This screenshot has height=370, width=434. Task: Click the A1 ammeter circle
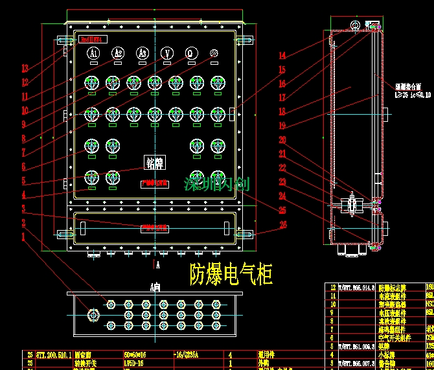click(94, 52)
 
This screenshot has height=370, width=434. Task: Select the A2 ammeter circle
click(118, 52)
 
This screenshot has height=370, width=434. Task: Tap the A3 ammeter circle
click(143, 52)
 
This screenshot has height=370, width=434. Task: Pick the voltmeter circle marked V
click(167, 52)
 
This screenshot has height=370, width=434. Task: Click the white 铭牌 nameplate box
click(155, 163)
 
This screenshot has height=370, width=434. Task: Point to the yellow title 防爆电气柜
click(231, 275)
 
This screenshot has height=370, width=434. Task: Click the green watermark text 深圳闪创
click(216, 184)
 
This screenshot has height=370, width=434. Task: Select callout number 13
click(25, 68)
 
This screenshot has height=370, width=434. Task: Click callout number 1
click(24, 237)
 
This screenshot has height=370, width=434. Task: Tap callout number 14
click(282, 56)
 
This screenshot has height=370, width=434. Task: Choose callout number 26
click(282, 225)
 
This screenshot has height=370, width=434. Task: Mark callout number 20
click(282, 139)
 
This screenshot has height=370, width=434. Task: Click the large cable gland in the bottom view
click(93, 316)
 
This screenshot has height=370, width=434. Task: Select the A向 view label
click(154, 286)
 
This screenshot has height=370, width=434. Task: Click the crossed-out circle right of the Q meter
click(214, 52)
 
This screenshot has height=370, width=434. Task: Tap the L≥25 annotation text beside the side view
click(413, 95)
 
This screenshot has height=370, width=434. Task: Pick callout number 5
click(24, 181)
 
